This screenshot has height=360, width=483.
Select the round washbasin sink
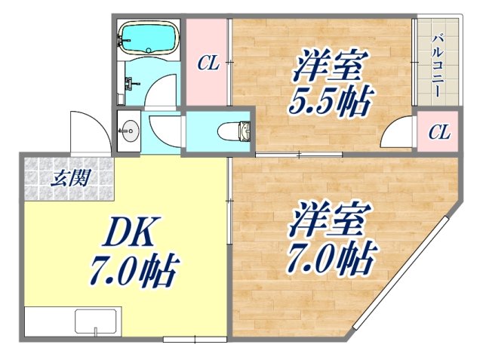pyautogui.click(x=130, y=130)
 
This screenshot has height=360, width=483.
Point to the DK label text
pyautogui.click(x=128, y=236)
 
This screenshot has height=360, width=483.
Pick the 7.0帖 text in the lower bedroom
pyautogui.click(x=330, y=259)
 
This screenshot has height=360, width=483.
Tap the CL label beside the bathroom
pyautogui.click(x=208, y=63)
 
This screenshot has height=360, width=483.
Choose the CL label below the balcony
pyautogui.click(x=439, y=134)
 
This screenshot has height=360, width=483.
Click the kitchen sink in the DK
pyautogui.click(x=97, y=322)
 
